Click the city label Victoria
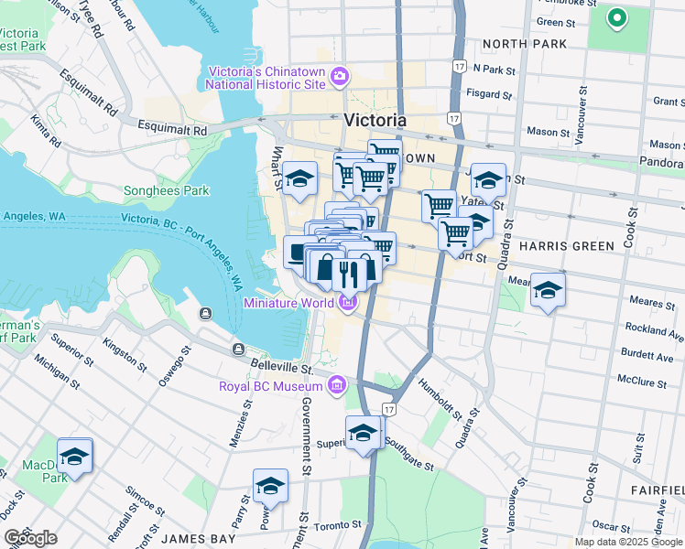click(x=375, y=120)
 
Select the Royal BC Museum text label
click(x=271, y=385)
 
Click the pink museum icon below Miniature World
click(x=348, y=303)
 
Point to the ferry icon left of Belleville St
click(x=239, y=350)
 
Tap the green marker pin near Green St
click(x=617, y=16)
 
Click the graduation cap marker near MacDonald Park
click(x=75, y=455)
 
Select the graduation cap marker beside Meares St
click(x=548, y=290)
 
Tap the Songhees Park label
click(x=167, y=191)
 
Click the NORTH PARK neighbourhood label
click(x=525, y=44)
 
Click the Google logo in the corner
click(x=30, y=538)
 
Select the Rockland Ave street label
click(x=654, y=328)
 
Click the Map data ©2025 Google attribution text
click(x=629, y=542)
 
